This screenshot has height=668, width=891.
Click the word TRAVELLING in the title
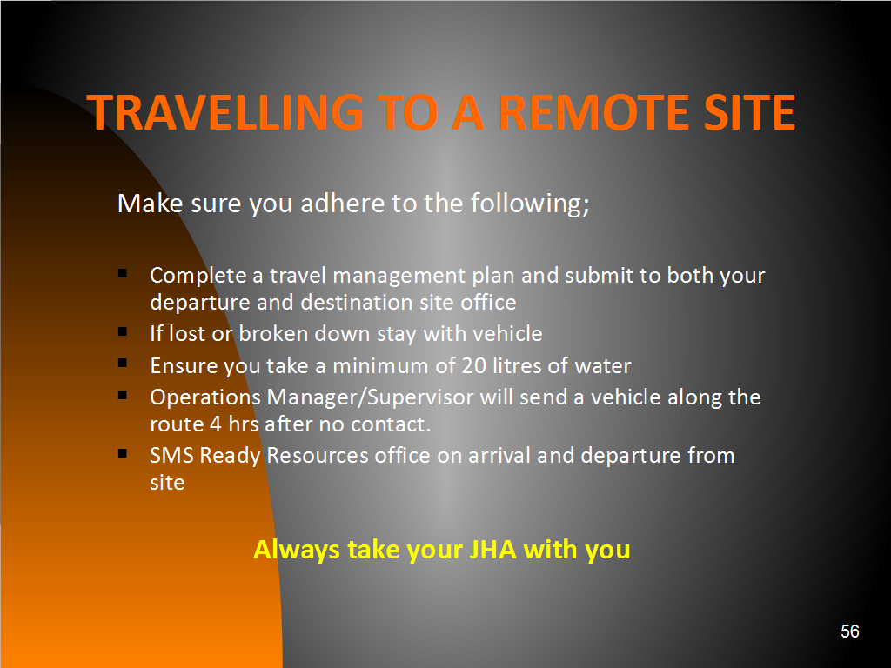point(225,112)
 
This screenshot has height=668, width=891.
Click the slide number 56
point(849,631)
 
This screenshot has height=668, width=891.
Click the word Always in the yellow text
point(297,551)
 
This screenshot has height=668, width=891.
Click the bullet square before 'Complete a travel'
point(123,274)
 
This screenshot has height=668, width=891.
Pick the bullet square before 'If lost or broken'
point(123,331)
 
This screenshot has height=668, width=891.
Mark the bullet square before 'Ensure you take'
point(123,363)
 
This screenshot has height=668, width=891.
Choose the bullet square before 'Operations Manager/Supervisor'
point(123,395)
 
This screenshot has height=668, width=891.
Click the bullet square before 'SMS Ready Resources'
point(123,453)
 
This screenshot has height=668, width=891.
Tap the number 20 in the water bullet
point(473,366)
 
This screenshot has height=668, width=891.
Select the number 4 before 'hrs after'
point(216,424)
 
